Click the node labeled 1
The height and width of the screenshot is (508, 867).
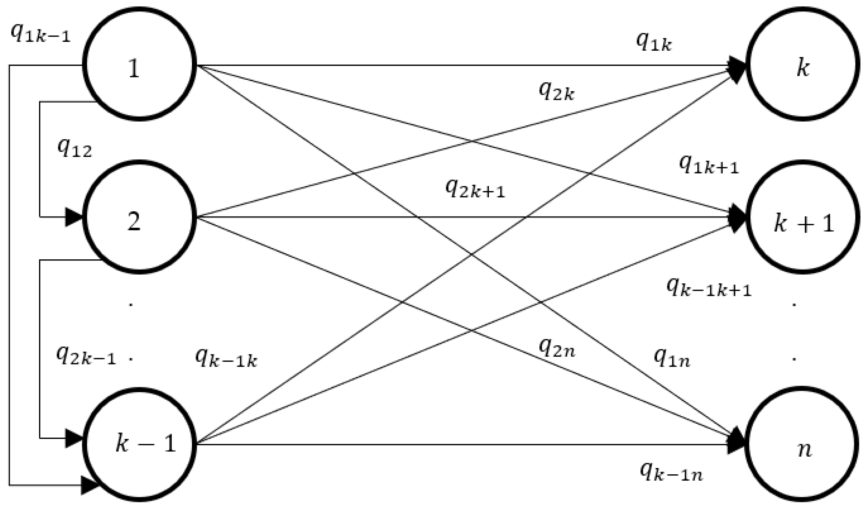(x=139, y=64)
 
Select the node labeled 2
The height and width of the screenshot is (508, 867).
(x=139, y=217)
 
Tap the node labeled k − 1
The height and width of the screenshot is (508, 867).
(x=139, y=444)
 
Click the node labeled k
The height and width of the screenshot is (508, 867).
(x=802, y=64)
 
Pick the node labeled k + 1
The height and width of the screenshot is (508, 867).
(x=802, y=217)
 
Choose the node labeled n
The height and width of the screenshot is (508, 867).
(x=802, y=444)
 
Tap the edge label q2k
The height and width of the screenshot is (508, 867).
(x=556, y=91)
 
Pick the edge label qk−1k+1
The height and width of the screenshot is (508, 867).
(x=709, y=287)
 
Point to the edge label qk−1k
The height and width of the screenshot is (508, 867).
(x=226, y=359)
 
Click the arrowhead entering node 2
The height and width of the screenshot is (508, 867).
(x=74, y=217)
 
